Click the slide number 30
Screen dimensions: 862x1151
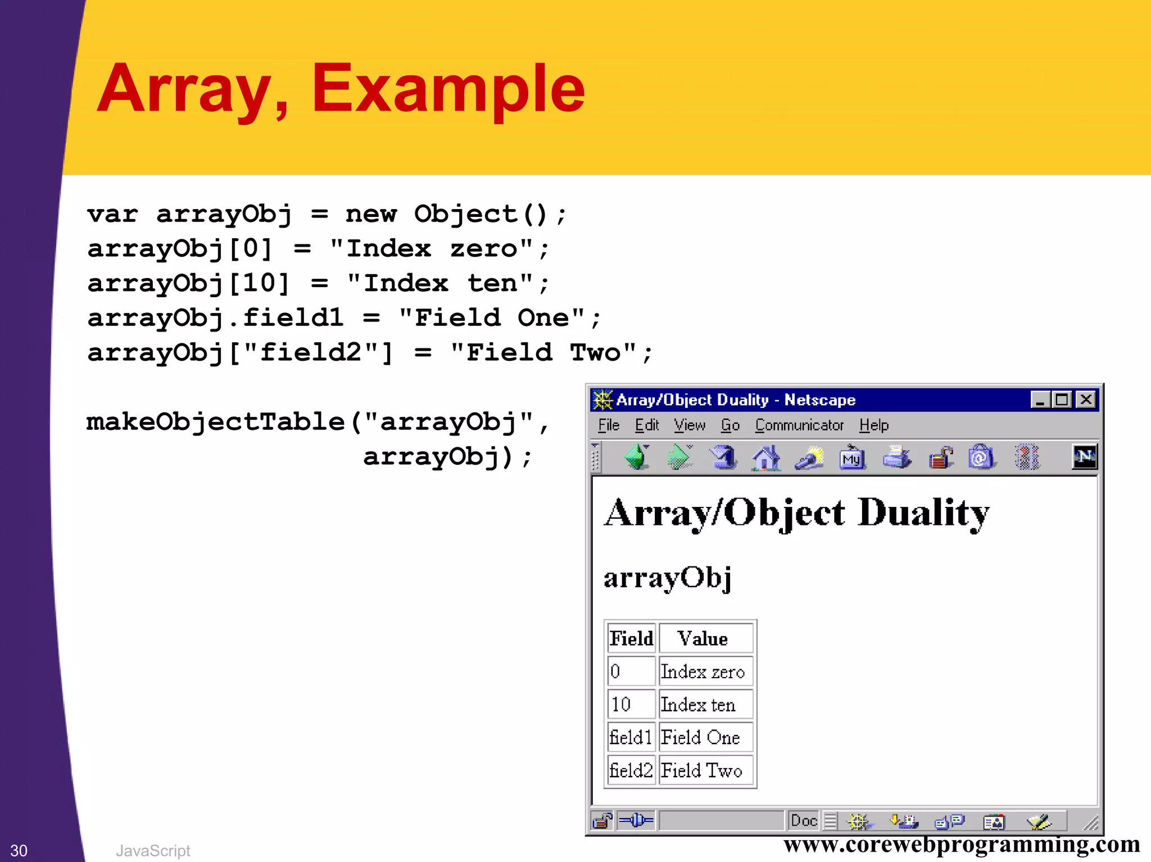[19, 850]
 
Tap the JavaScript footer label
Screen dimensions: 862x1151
[153, 851]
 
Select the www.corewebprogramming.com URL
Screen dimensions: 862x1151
[962, 845]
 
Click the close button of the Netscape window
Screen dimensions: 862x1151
[1086, 400]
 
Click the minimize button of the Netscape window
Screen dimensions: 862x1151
[1040, 400]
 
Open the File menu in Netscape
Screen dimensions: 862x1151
[608, 425]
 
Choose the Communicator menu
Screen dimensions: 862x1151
[799, 425]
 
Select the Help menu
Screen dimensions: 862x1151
[873, 425]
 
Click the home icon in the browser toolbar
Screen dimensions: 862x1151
[766, 457]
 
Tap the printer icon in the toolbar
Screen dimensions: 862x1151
[896, 457]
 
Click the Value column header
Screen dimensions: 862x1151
[703, 639]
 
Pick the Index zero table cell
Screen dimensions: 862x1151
[703, 672]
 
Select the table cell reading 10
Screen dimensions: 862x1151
[621, 705]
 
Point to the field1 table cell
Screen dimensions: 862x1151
[631, 737]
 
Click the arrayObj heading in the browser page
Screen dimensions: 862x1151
[667, 578]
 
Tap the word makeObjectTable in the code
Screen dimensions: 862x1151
[215, 422]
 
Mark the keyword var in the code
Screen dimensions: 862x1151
[112, 215]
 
